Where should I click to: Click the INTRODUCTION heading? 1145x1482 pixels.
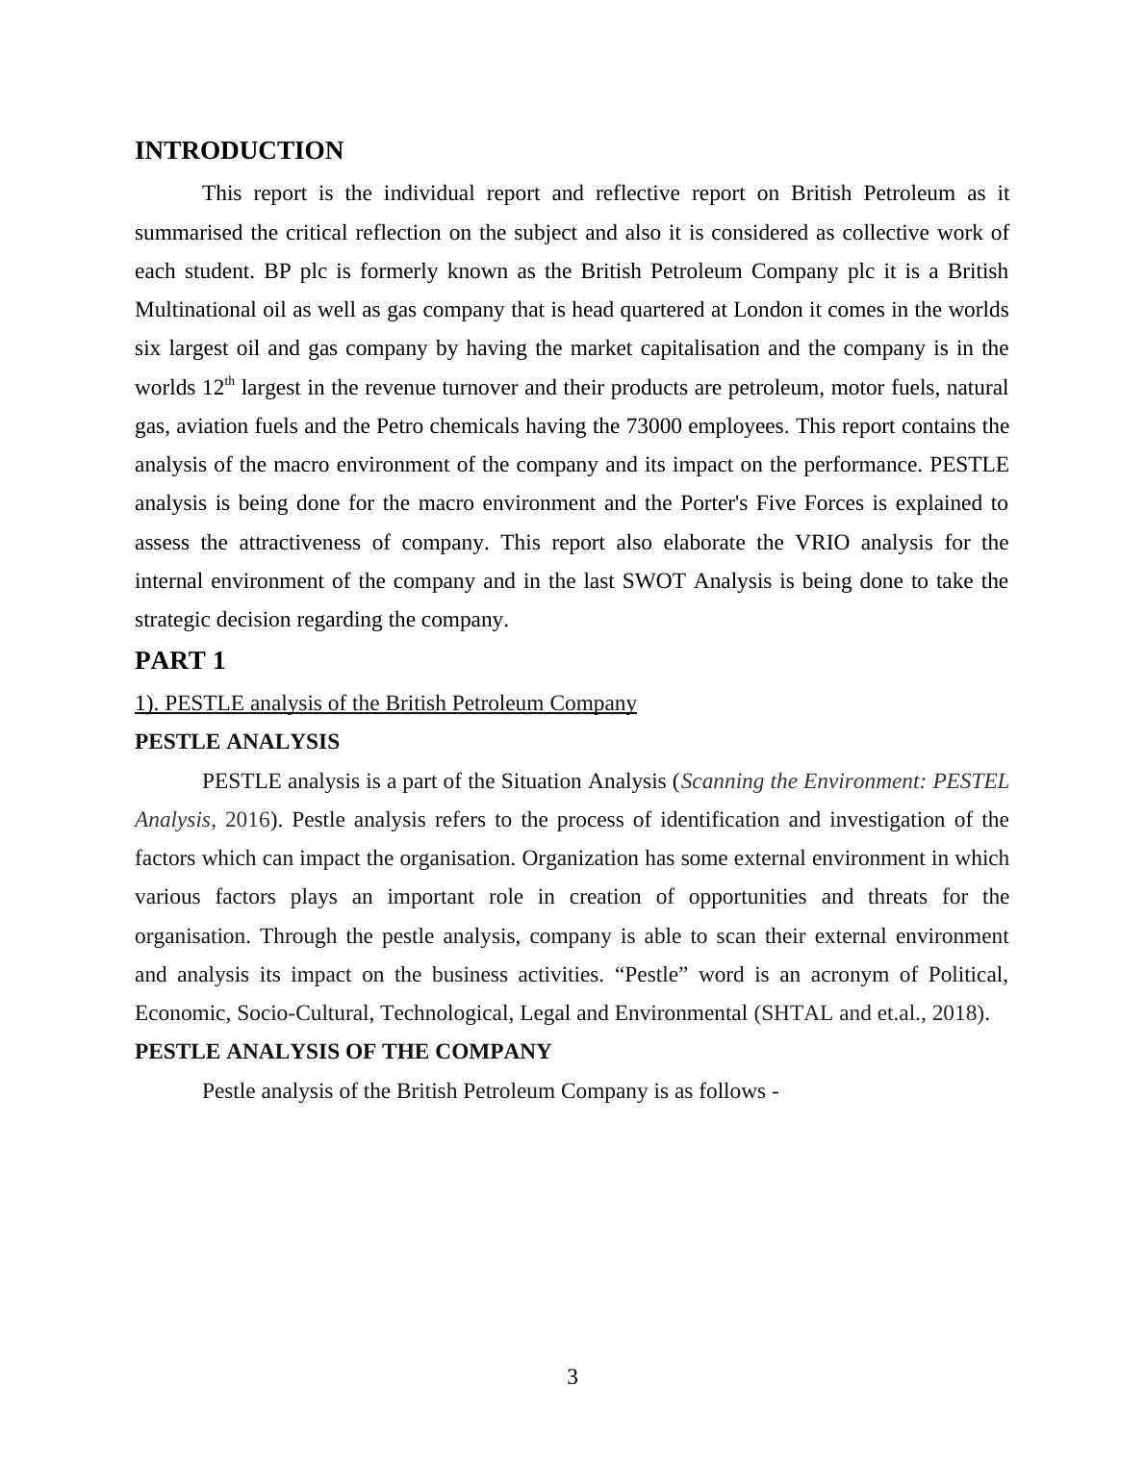tap(239, 151)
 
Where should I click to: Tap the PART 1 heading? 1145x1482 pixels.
tap(180, 661)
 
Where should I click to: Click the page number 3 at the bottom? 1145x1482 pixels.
tap(572, 1377)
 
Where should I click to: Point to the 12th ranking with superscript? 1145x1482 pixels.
tap(217, 388)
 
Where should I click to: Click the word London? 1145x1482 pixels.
tap(768, 310)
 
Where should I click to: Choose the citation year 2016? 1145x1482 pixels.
tap(246, 820)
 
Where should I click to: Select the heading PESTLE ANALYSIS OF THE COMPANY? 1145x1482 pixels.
tap(343, 1052)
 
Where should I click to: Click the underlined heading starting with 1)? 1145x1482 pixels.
tap(385, 703)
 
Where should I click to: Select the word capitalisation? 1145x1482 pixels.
tap(692, 348)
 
